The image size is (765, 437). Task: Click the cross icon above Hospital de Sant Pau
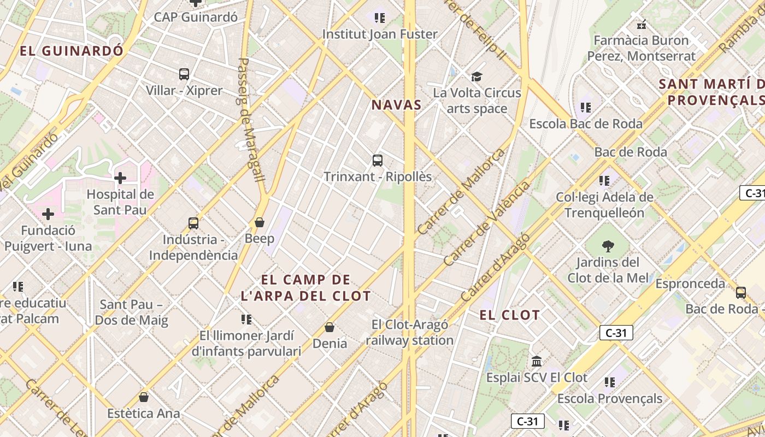(120, 178)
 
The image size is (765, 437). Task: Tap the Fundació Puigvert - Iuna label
(48, 238)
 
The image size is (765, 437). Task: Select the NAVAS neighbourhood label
(397, 105)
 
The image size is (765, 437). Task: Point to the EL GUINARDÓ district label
(72, 51)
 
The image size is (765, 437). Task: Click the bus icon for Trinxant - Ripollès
(378, 161)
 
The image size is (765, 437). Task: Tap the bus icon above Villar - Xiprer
(184, 74)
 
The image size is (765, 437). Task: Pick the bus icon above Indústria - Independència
(193, 223)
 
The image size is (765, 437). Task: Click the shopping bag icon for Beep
(260, 222)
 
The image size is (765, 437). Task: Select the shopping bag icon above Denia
(329, 327)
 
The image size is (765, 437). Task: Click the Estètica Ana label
(144, 413)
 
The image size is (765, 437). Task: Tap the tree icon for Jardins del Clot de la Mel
(607, 246)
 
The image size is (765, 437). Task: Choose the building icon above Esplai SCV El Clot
(537, 362)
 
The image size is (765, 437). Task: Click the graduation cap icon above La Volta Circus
(477, 76)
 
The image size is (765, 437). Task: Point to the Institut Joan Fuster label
(380, 34)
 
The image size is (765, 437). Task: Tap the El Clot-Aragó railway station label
(410, 332)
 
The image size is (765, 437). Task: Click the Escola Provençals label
(610, 398)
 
